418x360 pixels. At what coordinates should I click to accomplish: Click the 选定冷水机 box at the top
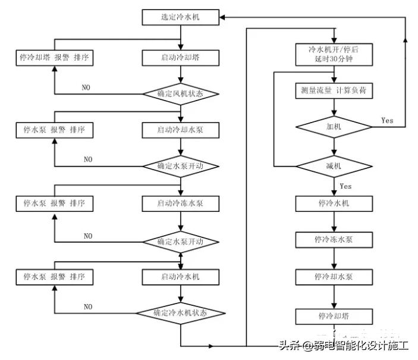pos(180,17)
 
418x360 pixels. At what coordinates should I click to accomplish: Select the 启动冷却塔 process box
pos(180,58)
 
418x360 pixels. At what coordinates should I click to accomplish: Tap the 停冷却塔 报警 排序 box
pos(54,58)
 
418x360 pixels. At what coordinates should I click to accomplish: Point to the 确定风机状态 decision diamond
pos(180,94)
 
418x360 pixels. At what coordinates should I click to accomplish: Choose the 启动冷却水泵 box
pos(180,130)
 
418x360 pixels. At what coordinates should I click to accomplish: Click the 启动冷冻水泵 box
pos(180,204)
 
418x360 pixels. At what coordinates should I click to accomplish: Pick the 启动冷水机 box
pos(180,277)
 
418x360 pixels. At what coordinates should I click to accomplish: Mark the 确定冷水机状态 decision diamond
pos(181,312)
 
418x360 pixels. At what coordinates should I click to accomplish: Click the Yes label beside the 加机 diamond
pos(387,120)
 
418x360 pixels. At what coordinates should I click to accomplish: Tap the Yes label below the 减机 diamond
pos(345,186)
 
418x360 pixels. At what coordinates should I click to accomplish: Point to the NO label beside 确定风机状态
pos(86,87)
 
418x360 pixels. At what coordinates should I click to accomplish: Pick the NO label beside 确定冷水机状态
pos(88,306)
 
